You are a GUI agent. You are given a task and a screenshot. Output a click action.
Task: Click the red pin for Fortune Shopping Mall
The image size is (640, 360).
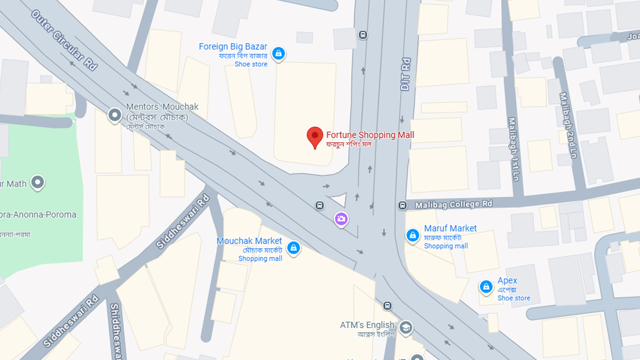pyautogui.click(x=314, y=136)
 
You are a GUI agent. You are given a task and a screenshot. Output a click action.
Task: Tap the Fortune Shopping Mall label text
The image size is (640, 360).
pyautogui.click(x=370, y=135)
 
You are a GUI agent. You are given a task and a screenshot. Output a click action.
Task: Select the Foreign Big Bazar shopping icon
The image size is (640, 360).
pyautogui.click(x=278, y=53)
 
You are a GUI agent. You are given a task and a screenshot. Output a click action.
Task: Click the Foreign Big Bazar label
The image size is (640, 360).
pyautogui.click(x=233, y=46)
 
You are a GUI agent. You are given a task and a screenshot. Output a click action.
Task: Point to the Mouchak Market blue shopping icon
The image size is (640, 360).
pyautogui.click(x=293, y=247)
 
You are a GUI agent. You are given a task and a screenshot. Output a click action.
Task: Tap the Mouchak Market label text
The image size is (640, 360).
pyautogui.click(x=249, y=241)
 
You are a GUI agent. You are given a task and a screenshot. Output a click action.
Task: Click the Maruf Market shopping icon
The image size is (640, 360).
pyautogui.click(x=412, y=235)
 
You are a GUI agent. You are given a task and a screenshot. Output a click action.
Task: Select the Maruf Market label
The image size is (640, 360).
pyautogui.click(x=450, y=228)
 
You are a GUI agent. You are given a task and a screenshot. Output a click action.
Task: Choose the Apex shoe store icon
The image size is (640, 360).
pyautogui.click(x=486, y=287)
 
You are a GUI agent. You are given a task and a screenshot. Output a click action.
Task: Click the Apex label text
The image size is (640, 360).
pyautogui.click(x=507, y=280)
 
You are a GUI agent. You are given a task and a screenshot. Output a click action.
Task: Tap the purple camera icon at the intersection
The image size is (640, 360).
pyautogui.click(x=341, y=218)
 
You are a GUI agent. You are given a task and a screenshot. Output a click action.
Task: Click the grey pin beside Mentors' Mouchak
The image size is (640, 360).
pyautogui.click(x=115, y=115)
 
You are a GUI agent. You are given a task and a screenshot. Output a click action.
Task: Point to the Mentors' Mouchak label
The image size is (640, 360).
pyautogui.click(x=162, y=107)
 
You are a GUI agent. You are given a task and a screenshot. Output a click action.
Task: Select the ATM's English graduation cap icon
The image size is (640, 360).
pyautogui.click(x=406, y=327)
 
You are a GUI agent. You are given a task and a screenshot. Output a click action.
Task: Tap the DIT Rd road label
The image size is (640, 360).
pyautogui.click(x=405, y=74)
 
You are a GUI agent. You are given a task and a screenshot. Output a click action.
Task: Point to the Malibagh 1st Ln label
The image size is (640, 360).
pyautogui.click(x=514, y=148)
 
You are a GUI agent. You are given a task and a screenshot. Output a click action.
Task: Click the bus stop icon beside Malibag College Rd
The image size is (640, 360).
pyautogui.click(x=402, y=205)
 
